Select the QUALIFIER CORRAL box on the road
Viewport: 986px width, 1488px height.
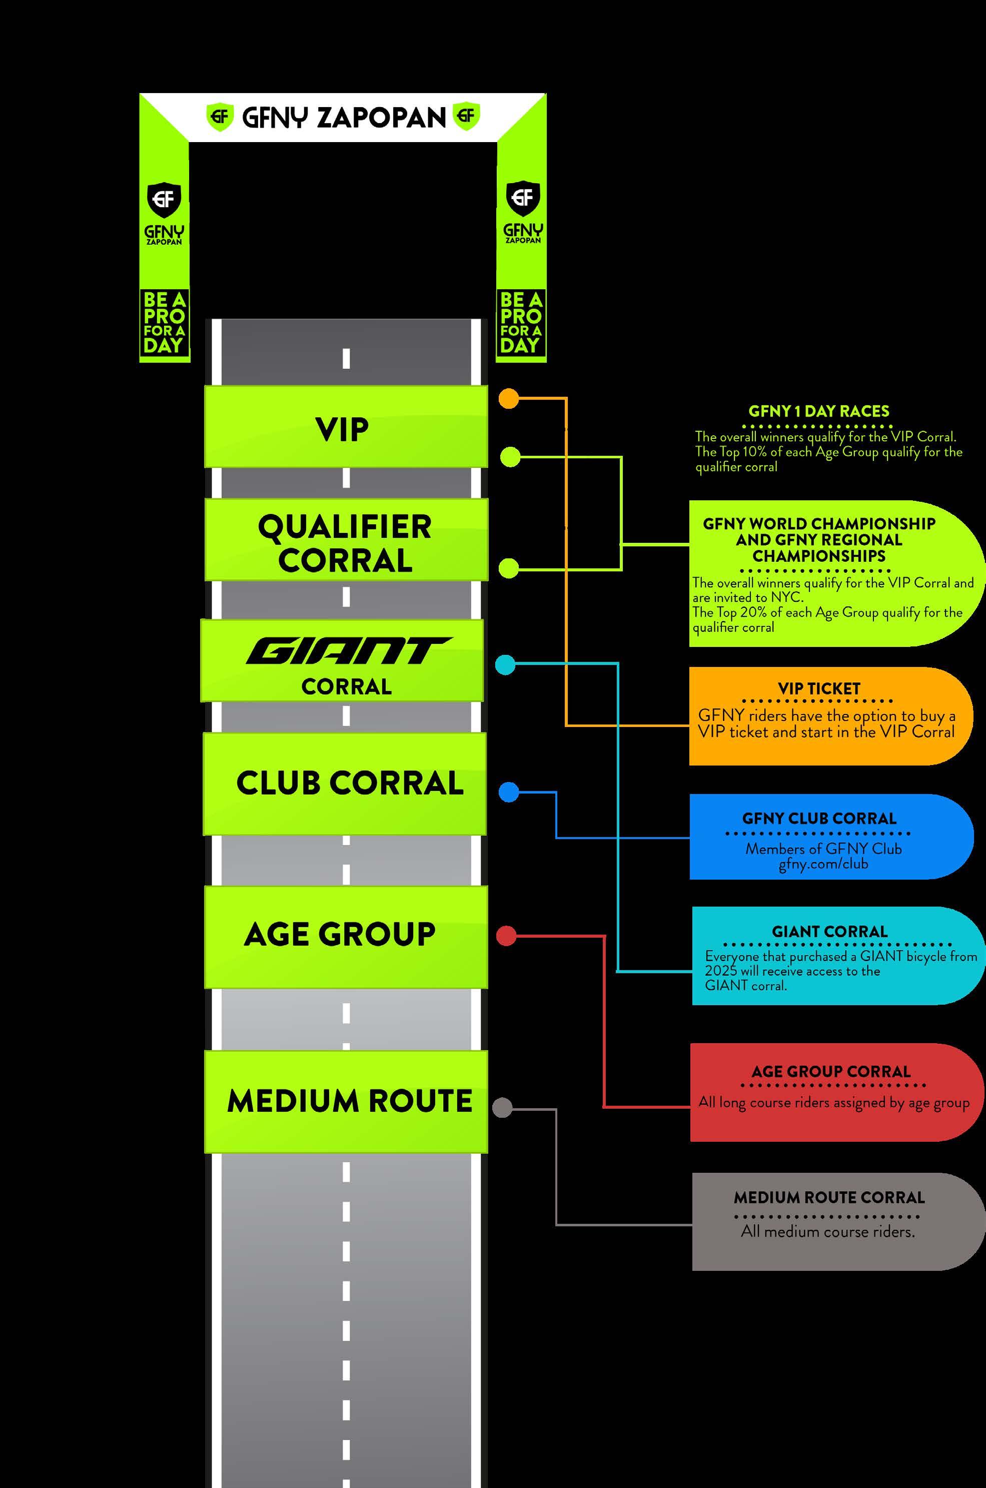click(x=346, y=541)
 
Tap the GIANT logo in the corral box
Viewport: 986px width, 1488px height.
click(x=347, y=651)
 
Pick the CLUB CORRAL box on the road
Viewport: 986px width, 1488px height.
click(x=345, y=784)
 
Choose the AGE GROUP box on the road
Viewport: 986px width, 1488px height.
click(x=345, y=935)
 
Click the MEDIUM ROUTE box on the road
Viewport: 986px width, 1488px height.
click(x=345, y=1101)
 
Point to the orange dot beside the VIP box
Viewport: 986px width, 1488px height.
click(x=509, y=399)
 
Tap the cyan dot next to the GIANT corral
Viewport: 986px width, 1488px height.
click(x=505, y=665)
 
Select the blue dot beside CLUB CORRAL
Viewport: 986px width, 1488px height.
click(x=509, y=793)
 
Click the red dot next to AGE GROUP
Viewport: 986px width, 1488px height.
click(x=506, y=936)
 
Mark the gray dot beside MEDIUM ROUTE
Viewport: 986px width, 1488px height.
click(x=502, y=1108)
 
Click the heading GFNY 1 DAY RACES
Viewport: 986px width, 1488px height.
click(x=819, y=411)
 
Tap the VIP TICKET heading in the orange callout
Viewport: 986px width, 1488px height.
click(x=819, y=688)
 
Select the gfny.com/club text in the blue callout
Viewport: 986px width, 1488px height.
click(x=823, y=864)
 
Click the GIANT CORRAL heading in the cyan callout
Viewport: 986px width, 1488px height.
click(x=829, y=932)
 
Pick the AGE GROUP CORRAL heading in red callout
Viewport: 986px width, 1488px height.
click(x=831, y=1072)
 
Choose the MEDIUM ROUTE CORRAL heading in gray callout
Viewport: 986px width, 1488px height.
click(x=829, y=1197)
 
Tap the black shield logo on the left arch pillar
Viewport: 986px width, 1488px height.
click(x=164, y=199)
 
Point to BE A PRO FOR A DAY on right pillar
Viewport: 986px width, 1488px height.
click(x=521, y=323)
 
